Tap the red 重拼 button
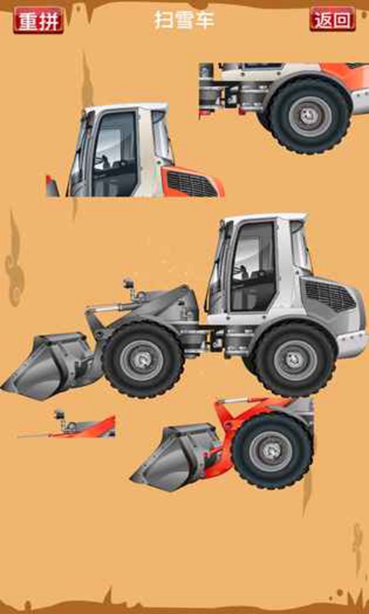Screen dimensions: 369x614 click(38, 20)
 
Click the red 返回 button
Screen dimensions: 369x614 click(333, 18)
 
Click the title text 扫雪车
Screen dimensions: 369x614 click(184, 20)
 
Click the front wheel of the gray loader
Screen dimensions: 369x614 click(143, 359)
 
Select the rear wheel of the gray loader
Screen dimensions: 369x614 click(294, 358)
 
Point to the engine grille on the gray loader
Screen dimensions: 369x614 click(329, 295)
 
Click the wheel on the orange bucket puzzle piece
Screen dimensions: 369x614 click(271, 451)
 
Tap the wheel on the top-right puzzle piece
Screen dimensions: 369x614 click(309, 114)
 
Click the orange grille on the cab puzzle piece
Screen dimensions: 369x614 click(192, 183)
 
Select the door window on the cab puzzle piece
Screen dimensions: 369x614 click(115, 153)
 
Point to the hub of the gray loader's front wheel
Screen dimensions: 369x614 click(143, 359)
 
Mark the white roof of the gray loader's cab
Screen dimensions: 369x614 click(264, 217)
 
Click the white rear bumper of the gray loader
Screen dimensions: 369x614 click(351, 344)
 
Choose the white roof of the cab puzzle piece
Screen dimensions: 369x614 click(126, 107)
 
